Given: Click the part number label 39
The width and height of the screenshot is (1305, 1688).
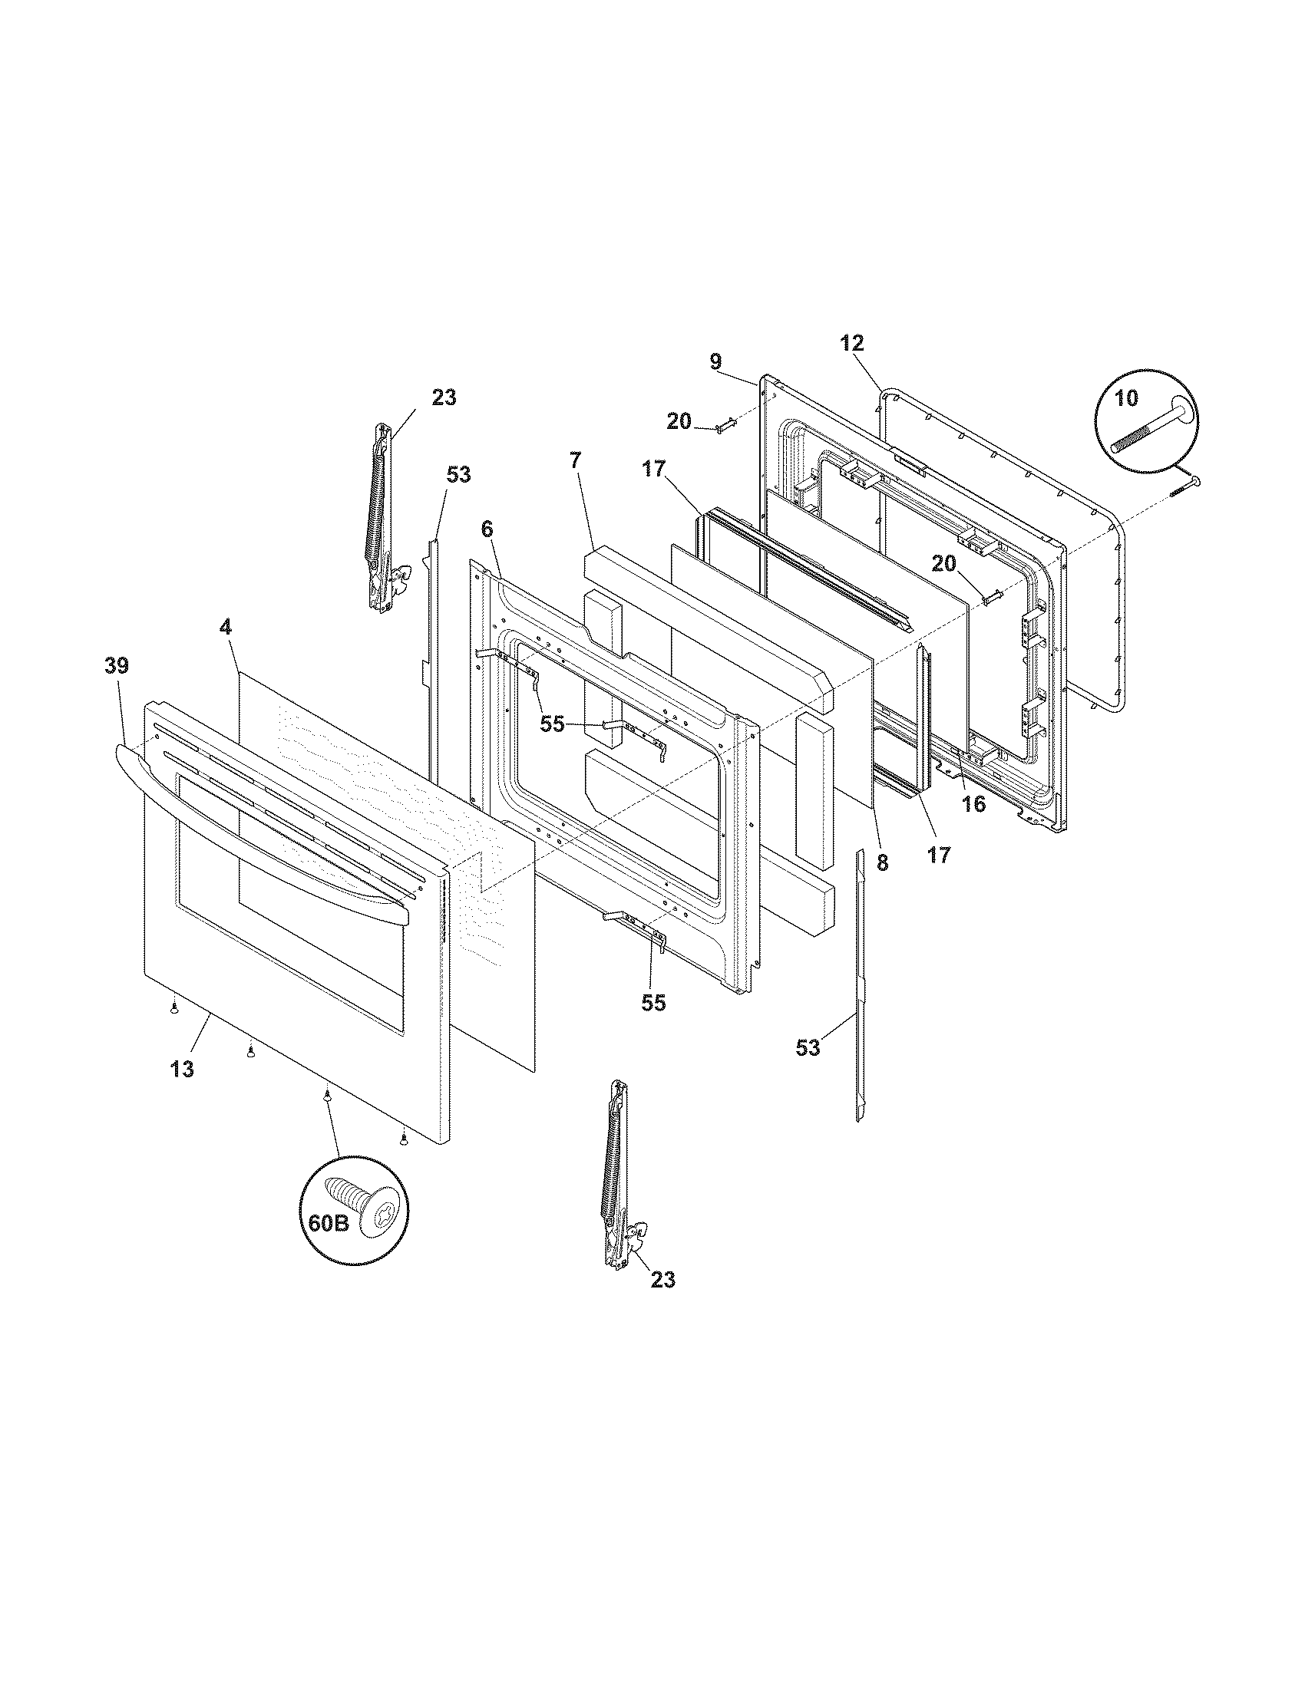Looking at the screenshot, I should click(117, 665).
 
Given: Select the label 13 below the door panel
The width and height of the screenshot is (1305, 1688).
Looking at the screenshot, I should click(183, 1070).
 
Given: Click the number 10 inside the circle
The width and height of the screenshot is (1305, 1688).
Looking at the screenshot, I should click(1126, 398).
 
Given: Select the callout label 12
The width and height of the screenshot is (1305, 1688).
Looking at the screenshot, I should click(852, 343).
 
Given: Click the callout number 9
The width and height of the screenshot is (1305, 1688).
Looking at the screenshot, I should click(715, 361).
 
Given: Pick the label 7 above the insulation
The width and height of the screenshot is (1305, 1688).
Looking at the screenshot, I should click(574, 503).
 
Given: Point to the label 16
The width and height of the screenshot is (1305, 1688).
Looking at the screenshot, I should click(973, 804).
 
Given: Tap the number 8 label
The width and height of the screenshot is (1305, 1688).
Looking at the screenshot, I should click(882, 863).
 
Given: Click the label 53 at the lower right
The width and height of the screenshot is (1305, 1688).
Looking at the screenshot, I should click(808, 1047).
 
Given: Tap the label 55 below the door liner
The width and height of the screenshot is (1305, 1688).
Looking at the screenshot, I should click(653, 1003).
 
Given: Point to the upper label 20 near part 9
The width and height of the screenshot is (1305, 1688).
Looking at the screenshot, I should click(679, 421).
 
